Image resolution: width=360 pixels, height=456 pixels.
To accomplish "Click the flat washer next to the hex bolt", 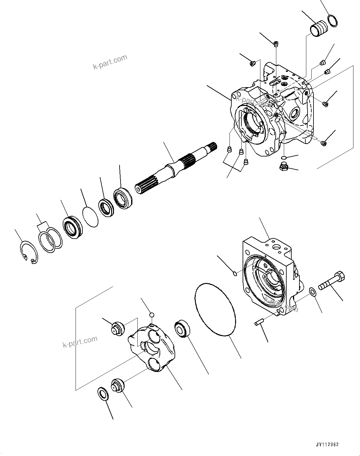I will (x=312, y=292).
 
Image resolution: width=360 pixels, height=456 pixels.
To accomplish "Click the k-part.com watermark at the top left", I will (x=110, y=62).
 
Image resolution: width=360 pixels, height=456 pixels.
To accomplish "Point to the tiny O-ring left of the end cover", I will (x=235, y=274).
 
